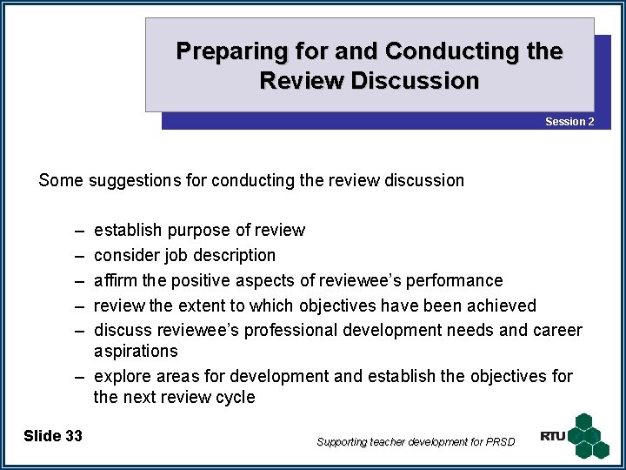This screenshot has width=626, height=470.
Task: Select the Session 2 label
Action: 569,122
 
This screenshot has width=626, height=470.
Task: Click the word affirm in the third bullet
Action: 115,281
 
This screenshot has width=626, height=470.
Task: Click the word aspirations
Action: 136,352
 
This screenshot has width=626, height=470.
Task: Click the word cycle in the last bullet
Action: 236,398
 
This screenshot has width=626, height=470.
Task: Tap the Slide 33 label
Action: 53,435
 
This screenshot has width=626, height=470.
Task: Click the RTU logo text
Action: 552,436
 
